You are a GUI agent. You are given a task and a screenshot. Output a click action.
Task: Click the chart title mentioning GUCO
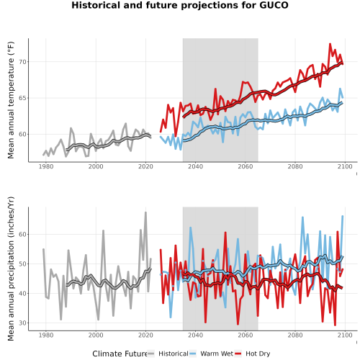pyautogui.click(x=180, y=5)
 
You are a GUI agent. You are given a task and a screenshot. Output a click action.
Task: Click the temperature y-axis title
pyautogui.click(x=11, y=100)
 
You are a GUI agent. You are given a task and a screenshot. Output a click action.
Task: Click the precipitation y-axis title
pyautogui.click(x=11, y=269)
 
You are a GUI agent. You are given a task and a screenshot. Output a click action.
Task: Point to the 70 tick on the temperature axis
pyautogui.click(x=22, y=62)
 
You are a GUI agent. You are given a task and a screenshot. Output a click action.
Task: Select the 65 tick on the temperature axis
pyautogui.click(x=22, y=98)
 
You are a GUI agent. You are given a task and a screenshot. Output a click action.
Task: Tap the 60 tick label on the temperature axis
pyautogui.click(x=22, y=135)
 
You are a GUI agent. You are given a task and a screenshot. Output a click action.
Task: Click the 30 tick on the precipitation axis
pyautogui.click(x=22, y=323)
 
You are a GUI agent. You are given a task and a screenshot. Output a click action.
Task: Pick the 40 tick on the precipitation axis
pyautogui.click(x=22, y=294)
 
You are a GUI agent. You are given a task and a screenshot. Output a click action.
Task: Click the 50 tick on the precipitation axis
pyautogui.click(x=22, y=264)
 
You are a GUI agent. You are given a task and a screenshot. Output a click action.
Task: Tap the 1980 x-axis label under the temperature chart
pyautogui.click(x=46, y=166)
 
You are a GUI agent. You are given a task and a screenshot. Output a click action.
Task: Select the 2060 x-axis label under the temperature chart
pyautogui.click(x=246, y=166)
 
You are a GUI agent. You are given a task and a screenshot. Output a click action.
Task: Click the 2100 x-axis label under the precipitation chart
pyautogui.click(x=345, y=335)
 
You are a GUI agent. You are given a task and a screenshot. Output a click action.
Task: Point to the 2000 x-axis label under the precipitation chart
pyautogui.click(x=96, y=335)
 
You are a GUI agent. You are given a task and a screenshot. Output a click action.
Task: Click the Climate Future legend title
pyautogui.click(x=120, y=354)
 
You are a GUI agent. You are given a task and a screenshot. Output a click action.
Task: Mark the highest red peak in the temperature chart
pyautogui.click(x=330, y=44)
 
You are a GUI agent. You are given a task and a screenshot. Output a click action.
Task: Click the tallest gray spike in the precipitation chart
pyautogui.click(x=145, y=212)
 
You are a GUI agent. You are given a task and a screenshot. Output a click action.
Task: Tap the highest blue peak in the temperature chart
pyautogui.click(x=340, y=89)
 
